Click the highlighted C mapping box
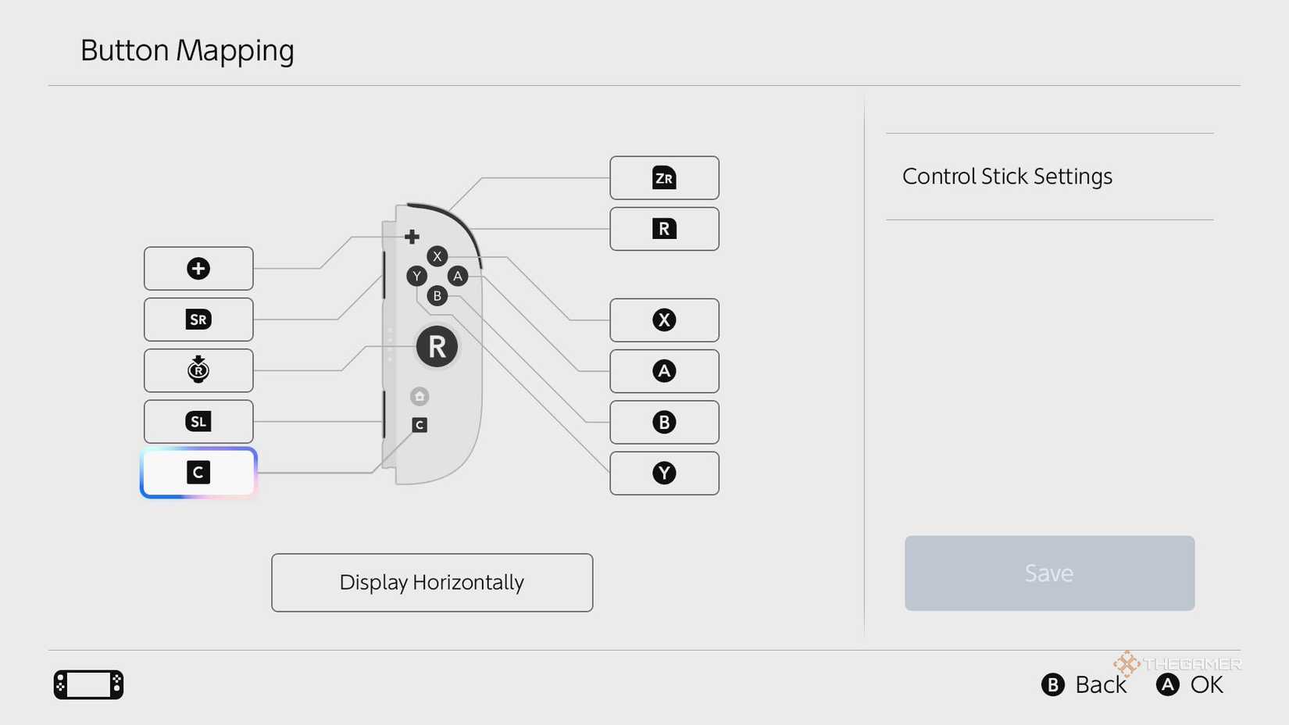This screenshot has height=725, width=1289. (x=198, y=473)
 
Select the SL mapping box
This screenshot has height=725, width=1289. (x=198, y=422)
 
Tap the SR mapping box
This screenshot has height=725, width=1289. (x=198, y=320)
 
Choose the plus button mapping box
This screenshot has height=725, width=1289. (x=198, y=269)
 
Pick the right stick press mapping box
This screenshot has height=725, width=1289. (x=198, y=370)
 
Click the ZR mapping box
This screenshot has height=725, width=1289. (x=664, y=178)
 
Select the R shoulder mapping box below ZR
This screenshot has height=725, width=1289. (x=664, y=229)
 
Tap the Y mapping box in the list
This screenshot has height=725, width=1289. (x=664, y=473)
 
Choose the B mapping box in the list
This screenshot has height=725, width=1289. (x=664, y=423)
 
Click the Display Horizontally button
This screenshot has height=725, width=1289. (x=432, y=582)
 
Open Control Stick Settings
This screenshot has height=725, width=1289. (x=1007, y=176)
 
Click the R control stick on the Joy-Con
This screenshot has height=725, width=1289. (x=437, y=346)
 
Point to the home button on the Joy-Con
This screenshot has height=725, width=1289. (x=420, y=396)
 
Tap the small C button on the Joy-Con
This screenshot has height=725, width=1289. (x=420, y=425)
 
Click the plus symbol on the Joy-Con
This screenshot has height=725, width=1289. (x=412, y=237)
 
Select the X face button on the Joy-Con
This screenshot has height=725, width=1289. (x=437, y=256)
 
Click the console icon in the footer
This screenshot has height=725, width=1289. (x=88, y=684)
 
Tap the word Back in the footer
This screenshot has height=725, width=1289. (x=1101, y=684)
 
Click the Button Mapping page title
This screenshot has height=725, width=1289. (x=187, y=51)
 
